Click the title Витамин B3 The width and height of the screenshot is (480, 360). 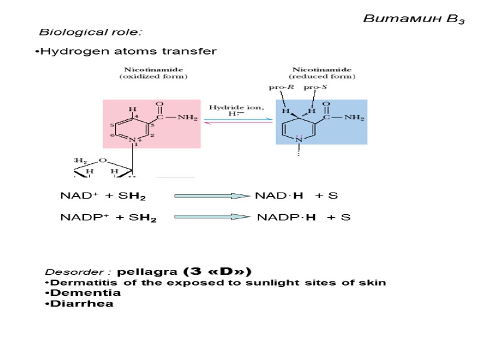(x=414, y=19)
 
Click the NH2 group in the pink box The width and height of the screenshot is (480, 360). (x=187, y=118)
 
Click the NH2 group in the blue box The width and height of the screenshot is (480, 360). (x=353, y=118)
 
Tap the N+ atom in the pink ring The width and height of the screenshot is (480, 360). (x=133, y=141)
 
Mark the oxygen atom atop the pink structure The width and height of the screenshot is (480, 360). (x=159, y=103)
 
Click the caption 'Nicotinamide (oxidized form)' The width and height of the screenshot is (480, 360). (x=153, y=73)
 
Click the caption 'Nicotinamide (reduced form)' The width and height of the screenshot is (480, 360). (x=322, y=73)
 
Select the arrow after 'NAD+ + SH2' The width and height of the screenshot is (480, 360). (x=211, y=196)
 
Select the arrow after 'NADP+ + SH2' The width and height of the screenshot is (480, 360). (x=211, y=217)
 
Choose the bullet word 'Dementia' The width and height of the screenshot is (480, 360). (x=86, y=293)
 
